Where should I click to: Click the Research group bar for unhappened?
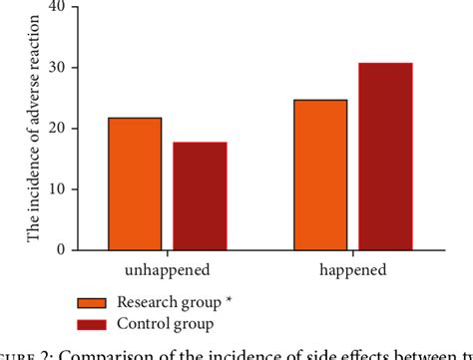coord(136,183)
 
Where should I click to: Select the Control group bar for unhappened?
coord(200,195)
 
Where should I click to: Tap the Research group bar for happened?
coord(321,175)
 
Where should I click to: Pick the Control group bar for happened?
coord(385,157)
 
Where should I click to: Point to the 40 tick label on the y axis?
coord(57,7)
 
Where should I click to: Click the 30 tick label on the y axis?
coord(57,68)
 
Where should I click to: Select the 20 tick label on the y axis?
coord(57,129)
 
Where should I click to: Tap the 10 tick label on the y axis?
coord(57,189)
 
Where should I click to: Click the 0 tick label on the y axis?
coord(61,250)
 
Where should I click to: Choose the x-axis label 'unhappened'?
coord(167,270)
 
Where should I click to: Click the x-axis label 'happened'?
coord(353,270)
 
